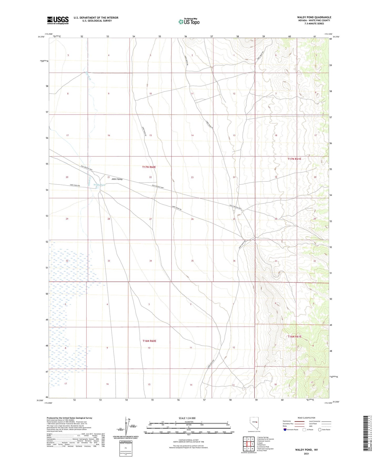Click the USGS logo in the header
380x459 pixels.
58,20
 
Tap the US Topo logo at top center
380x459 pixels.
189,22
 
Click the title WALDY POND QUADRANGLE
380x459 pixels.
314,17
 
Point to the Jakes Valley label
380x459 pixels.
117,179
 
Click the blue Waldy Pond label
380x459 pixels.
99,185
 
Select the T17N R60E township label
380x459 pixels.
149,167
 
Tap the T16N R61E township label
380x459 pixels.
294,336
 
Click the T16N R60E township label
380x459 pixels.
149,341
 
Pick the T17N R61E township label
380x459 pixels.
294,159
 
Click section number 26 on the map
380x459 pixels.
192,219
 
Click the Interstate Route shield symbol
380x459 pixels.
285,430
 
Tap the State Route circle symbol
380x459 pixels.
320,430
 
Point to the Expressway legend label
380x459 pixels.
287,421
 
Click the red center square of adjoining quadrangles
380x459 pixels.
249,444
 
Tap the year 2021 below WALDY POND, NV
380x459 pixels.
306,454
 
